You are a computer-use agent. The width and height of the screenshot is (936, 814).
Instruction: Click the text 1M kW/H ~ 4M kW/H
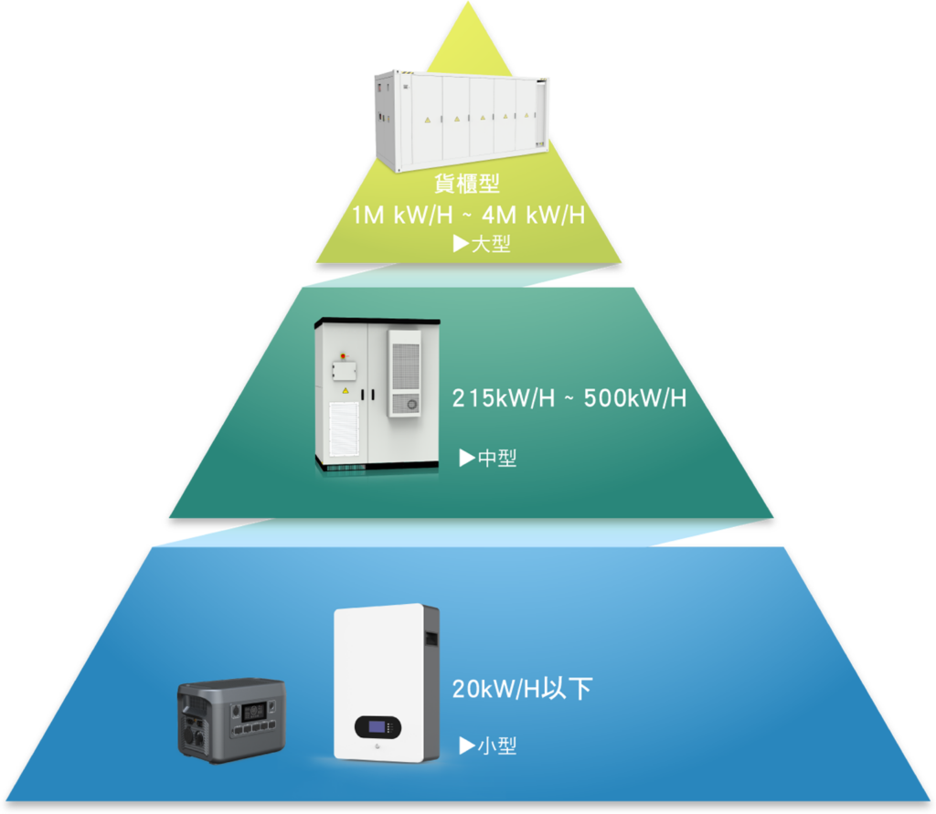[469, 216]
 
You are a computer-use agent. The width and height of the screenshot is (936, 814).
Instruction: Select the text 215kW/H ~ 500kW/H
[569, 399]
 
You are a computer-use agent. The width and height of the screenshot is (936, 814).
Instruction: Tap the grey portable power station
[230, 720]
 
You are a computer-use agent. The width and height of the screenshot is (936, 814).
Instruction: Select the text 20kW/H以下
[522, 688]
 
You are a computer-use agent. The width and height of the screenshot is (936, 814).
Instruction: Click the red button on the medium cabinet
[343, 351]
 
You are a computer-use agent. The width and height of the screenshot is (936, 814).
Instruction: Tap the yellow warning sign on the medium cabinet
[345, 391]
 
